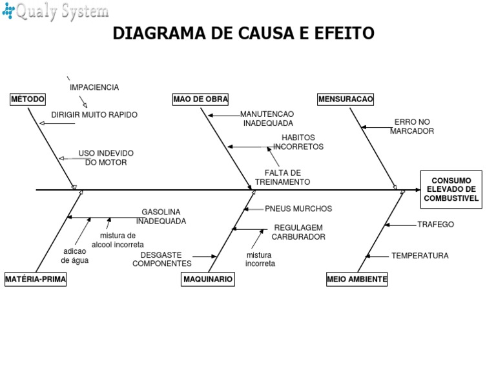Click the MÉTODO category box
28,99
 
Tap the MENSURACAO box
346,99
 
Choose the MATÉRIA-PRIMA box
36,279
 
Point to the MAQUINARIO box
207,279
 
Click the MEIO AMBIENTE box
357,279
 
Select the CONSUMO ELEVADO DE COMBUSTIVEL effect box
451,190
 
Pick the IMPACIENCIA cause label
94,87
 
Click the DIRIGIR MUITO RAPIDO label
94,115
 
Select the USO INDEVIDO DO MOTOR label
106,158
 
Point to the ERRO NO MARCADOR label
411,126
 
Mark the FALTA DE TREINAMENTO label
282,177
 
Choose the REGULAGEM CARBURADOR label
298,232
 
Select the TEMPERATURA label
420,256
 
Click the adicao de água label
75,256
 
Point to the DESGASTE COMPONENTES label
161,259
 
